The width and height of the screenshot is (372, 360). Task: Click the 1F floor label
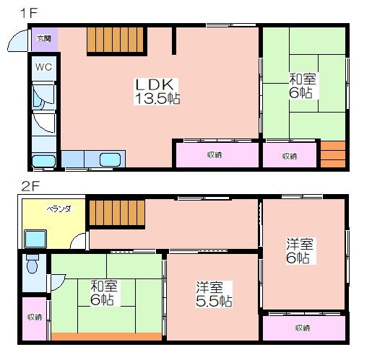pos(29,13)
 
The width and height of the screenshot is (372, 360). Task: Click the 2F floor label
pos(30,186)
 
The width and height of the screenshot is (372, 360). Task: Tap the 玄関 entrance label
pos(44,38)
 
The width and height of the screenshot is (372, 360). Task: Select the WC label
pos(43,67)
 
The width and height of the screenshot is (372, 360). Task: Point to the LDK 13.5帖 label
pos(157,92)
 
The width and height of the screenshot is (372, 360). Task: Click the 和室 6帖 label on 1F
pos(303,86)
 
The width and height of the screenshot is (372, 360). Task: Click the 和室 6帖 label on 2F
pos(104,293)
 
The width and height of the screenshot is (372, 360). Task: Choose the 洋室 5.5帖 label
pos(214,294)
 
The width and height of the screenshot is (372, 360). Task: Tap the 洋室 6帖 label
pos(300,251)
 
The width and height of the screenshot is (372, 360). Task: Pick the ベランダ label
pos(59,208)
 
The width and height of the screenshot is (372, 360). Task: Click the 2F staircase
pos(117,213)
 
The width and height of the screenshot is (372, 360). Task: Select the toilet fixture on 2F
pos(33,264)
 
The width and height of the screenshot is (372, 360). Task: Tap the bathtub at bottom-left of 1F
pos(44,161)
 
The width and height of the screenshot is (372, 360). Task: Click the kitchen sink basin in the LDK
pos(110,159)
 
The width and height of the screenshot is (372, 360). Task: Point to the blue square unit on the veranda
pos(35,239)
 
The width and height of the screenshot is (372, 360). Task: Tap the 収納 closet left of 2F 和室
pos(34,319)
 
